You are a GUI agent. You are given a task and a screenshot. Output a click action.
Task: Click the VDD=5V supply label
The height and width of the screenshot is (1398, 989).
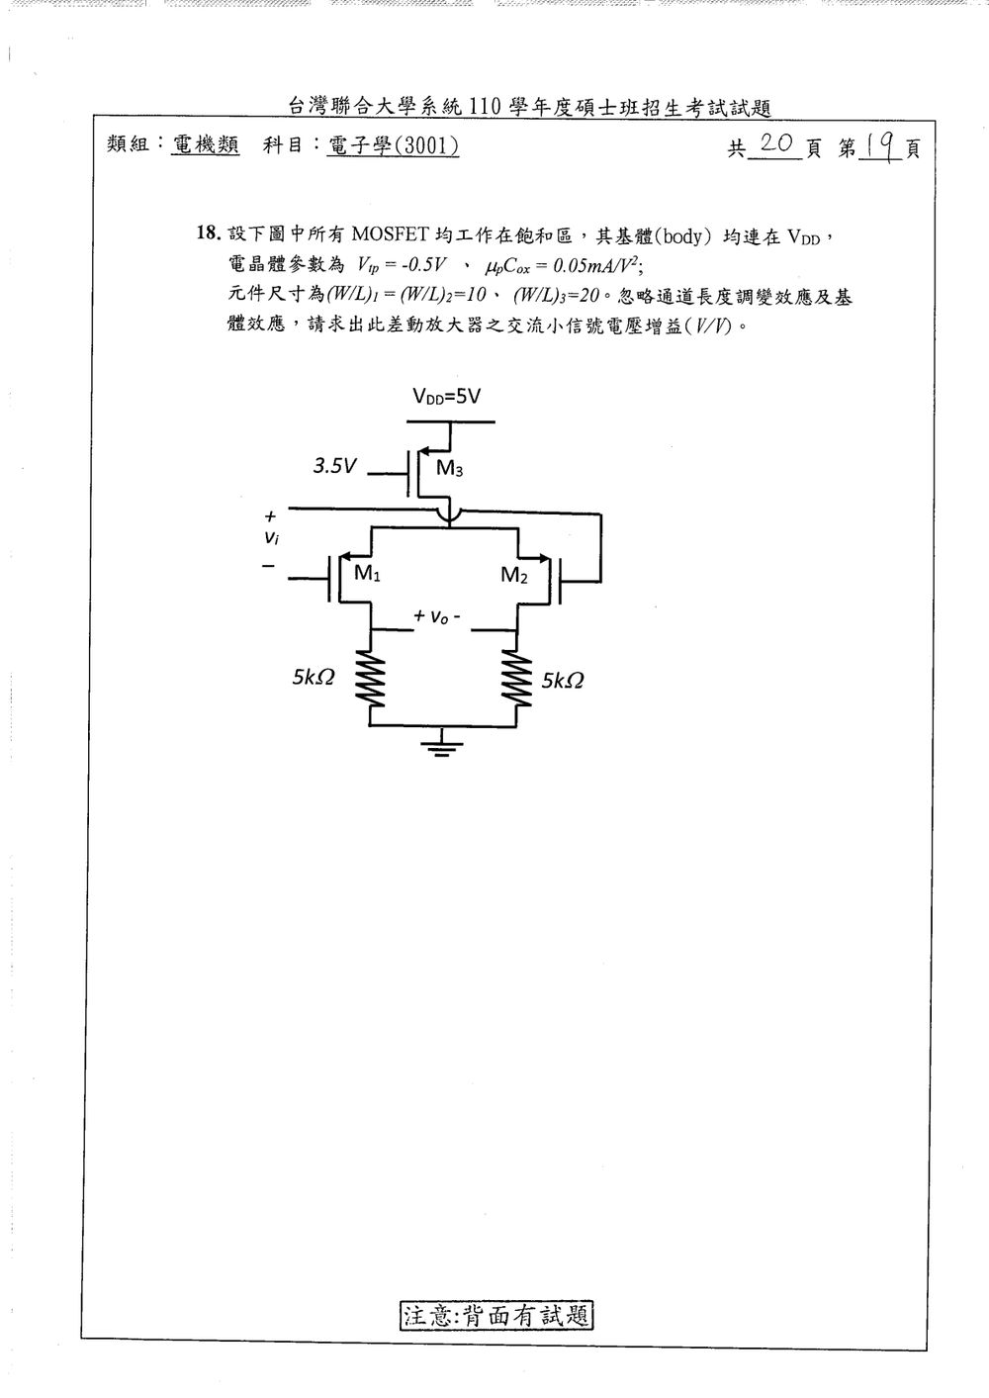click(x=447, y=397)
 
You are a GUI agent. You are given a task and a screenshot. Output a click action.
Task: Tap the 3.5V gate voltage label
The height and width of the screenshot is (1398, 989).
click(x=334, y=466)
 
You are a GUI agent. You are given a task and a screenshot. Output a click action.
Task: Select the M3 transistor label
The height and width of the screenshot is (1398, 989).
click(x=449, y=467)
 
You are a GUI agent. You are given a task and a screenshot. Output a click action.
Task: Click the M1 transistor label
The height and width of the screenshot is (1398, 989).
click(x=367, y=572)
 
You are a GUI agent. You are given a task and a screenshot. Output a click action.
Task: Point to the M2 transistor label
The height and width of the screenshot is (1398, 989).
click(x=514, y=575)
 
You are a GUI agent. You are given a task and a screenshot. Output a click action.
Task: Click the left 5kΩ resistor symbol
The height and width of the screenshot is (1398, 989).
click(x=371, y=678)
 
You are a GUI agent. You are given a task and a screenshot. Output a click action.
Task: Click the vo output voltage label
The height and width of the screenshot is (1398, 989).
click(x=437, y=616)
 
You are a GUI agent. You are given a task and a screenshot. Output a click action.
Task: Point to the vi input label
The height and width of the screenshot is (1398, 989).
click(x=271, y=536)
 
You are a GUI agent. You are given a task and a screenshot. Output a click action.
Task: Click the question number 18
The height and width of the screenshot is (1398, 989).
click(x=209, y=233)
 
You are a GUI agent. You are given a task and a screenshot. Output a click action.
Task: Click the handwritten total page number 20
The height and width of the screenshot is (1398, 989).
click(x=776, y=144)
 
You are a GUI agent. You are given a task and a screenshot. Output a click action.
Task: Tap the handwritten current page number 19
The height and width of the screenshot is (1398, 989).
click(x=880, y=147)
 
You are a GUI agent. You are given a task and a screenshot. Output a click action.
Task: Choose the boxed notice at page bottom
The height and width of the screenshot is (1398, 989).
click(x=495, y=1316)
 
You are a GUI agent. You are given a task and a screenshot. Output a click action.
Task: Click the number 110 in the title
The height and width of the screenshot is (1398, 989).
click(x=485, y=107)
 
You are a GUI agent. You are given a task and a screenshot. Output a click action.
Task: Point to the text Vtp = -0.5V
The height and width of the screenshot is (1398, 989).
click(x=402, y=265)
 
